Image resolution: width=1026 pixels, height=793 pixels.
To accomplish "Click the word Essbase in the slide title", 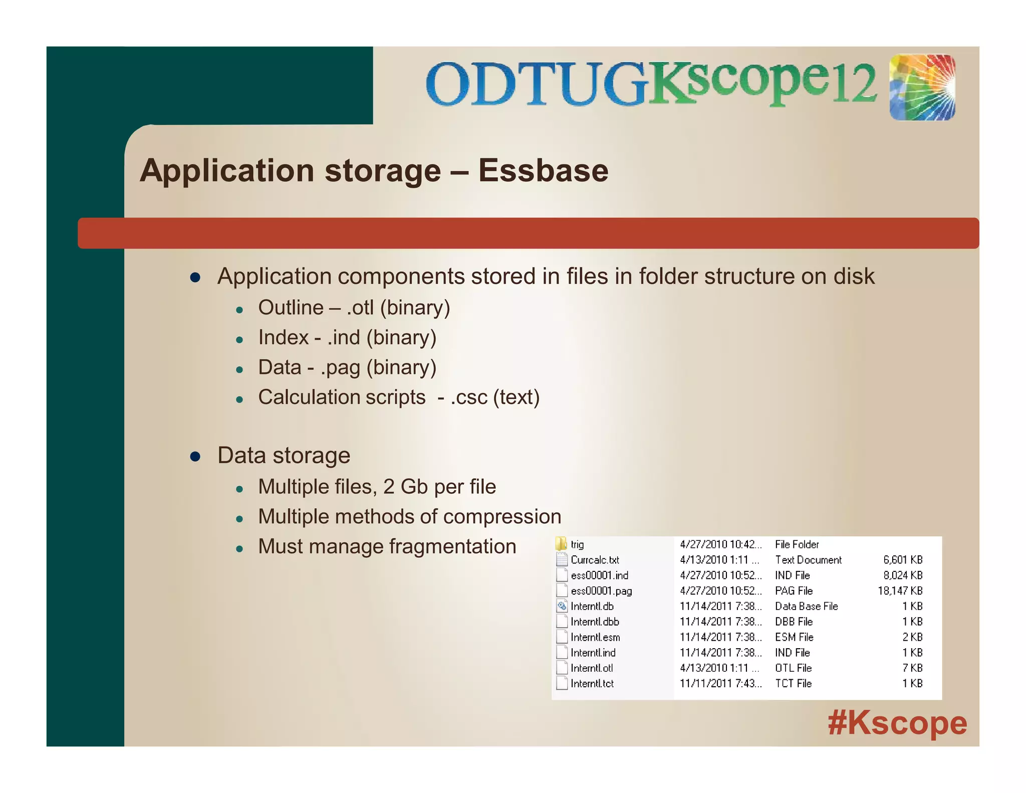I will pos(543,171).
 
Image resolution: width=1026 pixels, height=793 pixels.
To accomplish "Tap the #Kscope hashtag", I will pos(897,723).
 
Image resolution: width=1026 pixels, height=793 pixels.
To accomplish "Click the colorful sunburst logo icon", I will pos(922,87).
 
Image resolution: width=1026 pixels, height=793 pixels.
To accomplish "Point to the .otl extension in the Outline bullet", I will pos(360,308).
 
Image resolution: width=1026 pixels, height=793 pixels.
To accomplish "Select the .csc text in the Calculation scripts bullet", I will pos(469,398).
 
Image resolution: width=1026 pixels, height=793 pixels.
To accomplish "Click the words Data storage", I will pos(284,456).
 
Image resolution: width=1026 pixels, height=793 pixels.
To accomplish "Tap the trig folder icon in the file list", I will pos(562,544).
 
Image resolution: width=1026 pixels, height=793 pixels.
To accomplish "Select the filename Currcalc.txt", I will pos(595,560).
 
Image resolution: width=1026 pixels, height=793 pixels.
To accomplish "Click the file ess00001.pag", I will pos(601,591).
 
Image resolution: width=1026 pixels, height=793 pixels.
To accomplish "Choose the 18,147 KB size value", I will pos(900,591).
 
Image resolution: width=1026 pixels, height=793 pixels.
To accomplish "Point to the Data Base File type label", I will pos(806,607).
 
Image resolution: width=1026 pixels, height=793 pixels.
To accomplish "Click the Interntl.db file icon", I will pos(562,607).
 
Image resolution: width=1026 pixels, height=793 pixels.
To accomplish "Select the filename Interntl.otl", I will pos(592,668).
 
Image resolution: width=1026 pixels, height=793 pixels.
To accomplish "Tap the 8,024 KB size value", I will pos(903,575).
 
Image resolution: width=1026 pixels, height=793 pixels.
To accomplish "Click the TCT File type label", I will pos(793,684).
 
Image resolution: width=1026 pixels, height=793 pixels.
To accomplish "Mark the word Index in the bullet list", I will pos(283,338).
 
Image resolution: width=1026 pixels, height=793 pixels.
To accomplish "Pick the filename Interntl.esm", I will pos(595,638).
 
